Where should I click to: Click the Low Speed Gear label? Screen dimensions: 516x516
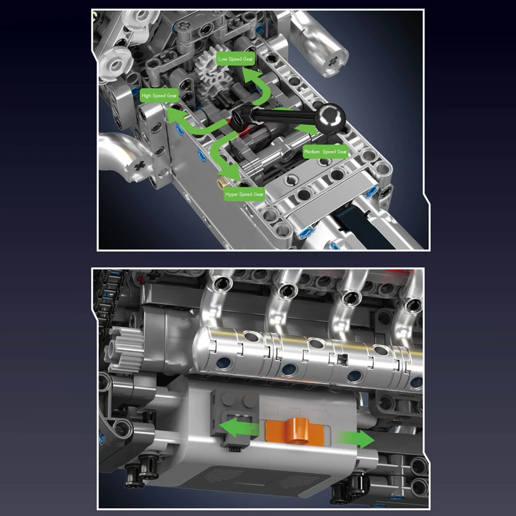(x=236, y=59)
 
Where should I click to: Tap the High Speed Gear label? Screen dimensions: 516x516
(x=159, y=96)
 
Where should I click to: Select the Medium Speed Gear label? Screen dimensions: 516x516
(x=326, y=152)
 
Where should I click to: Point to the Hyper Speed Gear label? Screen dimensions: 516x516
(x=244, y=193)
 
